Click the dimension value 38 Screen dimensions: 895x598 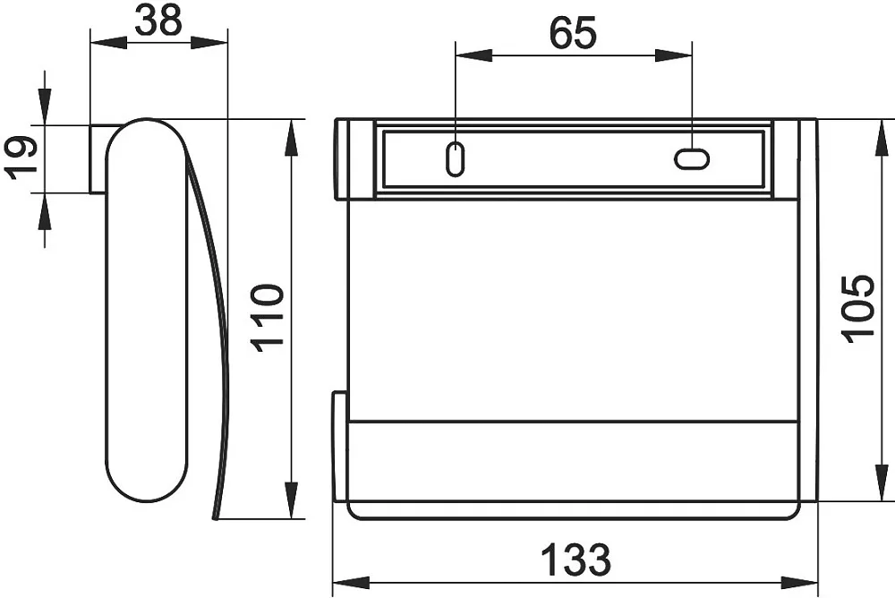tap(158, 21)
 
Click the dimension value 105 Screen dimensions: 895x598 tap(858, 309)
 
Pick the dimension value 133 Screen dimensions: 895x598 tap(575, 560)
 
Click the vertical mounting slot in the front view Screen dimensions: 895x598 tap(455, 158)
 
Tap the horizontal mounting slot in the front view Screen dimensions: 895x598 tap(692, 158)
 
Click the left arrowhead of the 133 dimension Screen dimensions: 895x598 tap(351, 583)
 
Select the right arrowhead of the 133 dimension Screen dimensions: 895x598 tap(799, 583)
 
